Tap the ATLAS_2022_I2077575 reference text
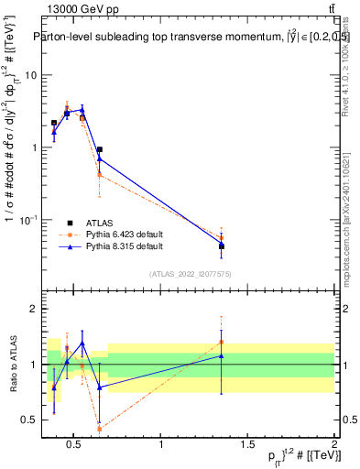coord(191,274)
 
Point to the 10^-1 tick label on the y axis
coord(27,220)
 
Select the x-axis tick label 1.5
coord(247,446)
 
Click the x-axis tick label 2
coord(333,446)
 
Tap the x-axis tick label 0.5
coord(76,446)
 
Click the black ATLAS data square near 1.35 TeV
coord(222,245)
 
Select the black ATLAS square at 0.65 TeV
coord(99,149)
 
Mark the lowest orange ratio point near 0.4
coord(99,428)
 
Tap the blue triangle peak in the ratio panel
coord(82,344)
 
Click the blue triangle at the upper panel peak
coord(82,109)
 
